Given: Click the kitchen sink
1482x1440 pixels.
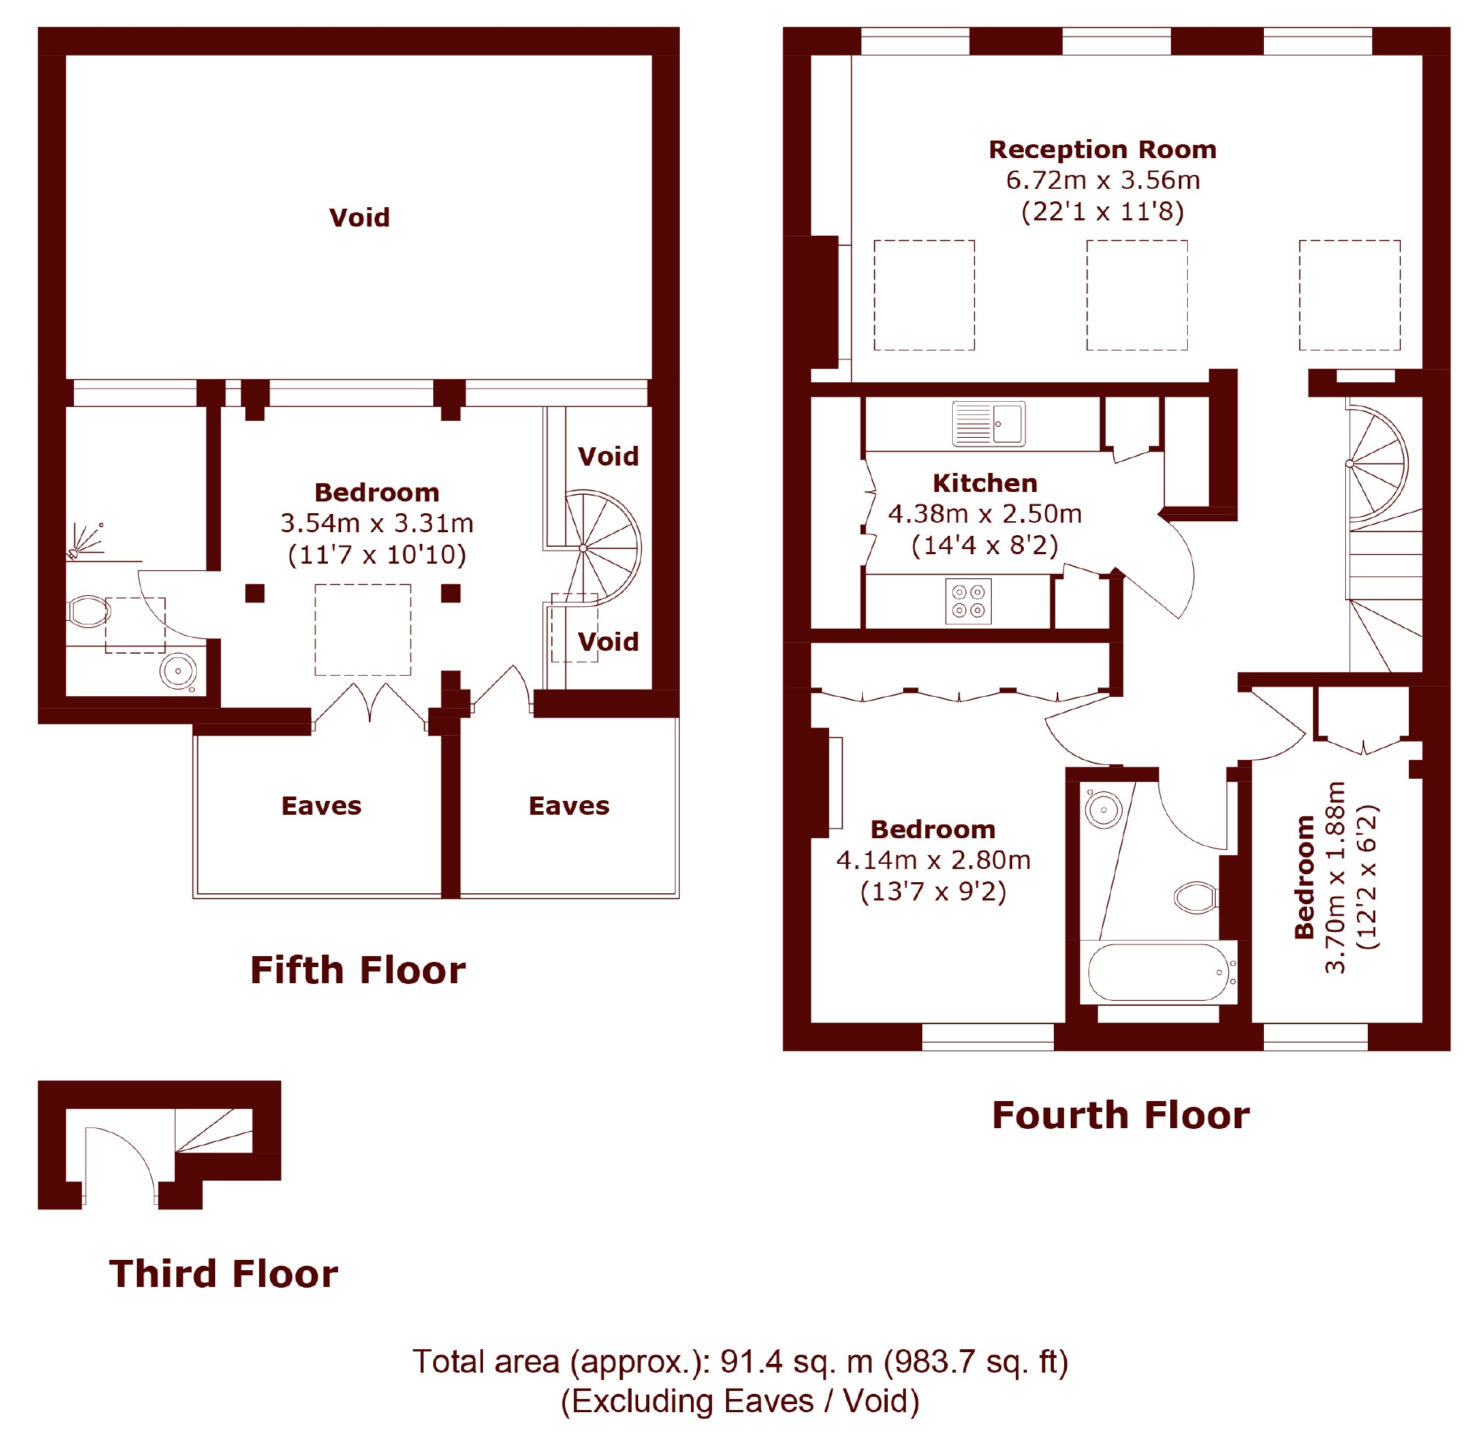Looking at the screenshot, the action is (988, 424).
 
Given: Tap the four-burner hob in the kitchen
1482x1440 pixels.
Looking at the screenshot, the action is (968, 601).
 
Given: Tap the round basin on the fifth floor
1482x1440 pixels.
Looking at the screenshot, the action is (179, 670).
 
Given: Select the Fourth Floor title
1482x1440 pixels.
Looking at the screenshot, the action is (1120, 1116).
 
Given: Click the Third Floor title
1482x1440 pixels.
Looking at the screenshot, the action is (223, 1274).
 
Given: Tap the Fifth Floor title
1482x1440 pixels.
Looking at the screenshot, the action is (358, 970).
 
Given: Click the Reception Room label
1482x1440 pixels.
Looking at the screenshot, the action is (1102, 150).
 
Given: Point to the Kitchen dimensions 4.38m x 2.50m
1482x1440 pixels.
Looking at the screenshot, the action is (984, 514).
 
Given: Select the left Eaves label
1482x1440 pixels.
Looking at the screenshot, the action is (321, 806).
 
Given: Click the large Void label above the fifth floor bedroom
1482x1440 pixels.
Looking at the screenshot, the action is (359, 218).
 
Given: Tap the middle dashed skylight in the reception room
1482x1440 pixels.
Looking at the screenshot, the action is (1137, 295).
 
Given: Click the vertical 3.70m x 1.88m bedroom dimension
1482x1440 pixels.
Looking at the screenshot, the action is (1336, 877).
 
